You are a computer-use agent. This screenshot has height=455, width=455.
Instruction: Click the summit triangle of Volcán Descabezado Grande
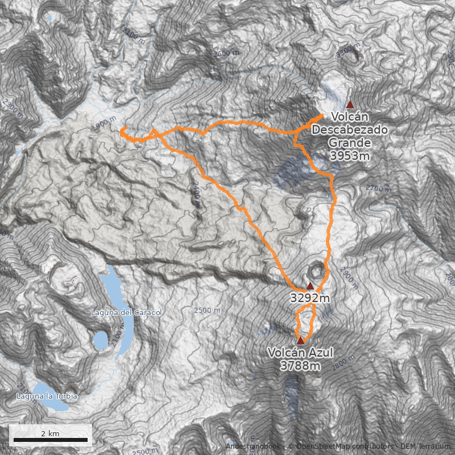(x=350, y=104)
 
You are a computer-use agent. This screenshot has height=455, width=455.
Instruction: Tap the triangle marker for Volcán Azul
(x=300, y=340)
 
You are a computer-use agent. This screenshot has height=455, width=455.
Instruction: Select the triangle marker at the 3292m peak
(x=310, y=286)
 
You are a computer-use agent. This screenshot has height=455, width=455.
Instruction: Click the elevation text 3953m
(x=350, y=156)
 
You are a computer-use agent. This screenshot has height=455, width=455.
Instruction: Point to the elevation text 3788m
(x=300, y=366)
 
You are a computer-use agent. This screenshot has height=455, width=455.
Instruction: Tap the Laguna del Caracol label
(x=127, y=313)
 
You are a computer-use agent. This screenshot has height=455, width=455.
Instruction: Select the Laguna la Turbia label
(x=47, y=396)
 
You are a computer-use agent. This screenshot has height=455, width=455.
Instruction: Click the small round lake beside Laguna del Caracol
(x=101, y=340)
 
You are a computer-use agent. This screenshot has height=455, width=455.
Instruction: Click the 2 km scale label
(x=50, y=433)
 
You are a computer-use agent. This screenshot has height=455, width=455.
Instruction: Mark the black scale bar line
(x=50, y=440)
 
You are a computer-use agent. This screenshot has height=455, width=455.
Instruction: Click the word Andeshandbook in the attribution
(x=254, y=446)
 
